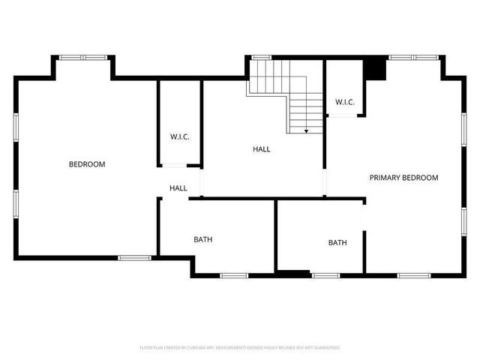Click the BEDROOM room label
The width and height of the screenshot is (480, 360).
[87, 164]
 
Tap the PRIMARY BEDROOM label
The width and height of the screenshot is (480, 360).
[403, 178]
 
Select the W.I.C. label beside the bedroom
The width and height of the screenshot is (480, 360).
[179, 136]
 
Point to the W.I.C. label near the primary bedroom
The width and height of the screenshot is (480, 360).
[344, 102]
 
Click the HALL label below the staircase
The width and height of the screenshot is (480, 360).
[261, 149]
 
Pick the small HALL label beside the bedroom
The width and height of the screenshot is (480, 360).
[178, 188]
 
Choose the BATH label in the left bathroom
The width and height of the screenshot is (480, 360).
[202, 240]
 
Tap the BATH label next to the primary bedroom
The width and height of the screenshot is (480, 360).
[337, 242]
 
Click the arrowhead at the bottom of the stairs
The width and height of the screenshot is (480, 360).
[306, 131]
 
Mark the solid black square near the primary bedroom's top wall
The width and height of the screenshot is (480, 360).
[374, 69]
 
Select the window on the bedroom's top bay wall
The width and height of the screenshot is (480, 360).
[83, 57]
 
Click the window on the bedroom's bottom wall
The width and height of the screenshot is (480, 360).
[134, 258]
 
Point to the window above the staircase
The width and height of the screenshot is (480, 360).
[260, 57]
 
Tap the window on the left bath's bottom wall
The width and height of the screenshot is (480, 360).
[233, 276]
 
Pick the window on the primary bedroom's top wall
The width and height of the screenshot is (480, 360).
[413, 57]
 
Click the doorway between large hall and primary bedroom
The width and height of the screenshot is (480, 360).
[325, 182]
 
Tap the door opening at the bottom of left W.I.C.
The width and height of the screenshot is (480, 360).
[179, 165]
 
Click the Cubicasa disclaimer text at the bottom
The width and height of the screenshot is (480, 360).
[240, 348]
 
